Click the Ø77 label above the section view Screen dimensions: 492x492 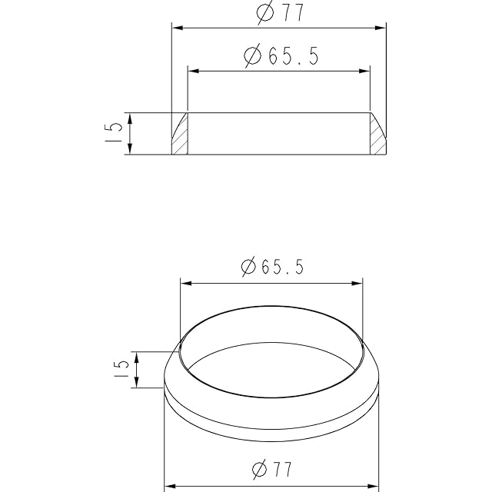click(280, 12)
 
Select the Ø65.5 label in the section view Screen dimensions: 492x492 click(281, 55)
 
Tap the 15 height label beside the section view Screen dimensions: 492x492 click(113, 132)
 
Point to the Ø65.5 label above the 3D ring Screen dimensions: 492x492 click(272, 267)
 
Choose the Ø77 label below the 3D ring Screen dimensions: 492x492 click(272, 469)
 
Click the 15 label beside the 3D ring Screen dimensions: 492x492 click(121, 368)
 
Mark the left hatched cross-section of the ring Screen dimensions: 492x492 click(180, 134)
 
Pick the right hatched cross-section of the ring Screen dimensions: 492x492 click(378, 134)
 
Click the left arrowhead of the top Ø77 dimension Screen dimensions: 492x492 click(178, 28)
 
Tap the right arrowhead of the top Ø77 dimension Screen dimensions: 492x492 click(381, 28)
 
